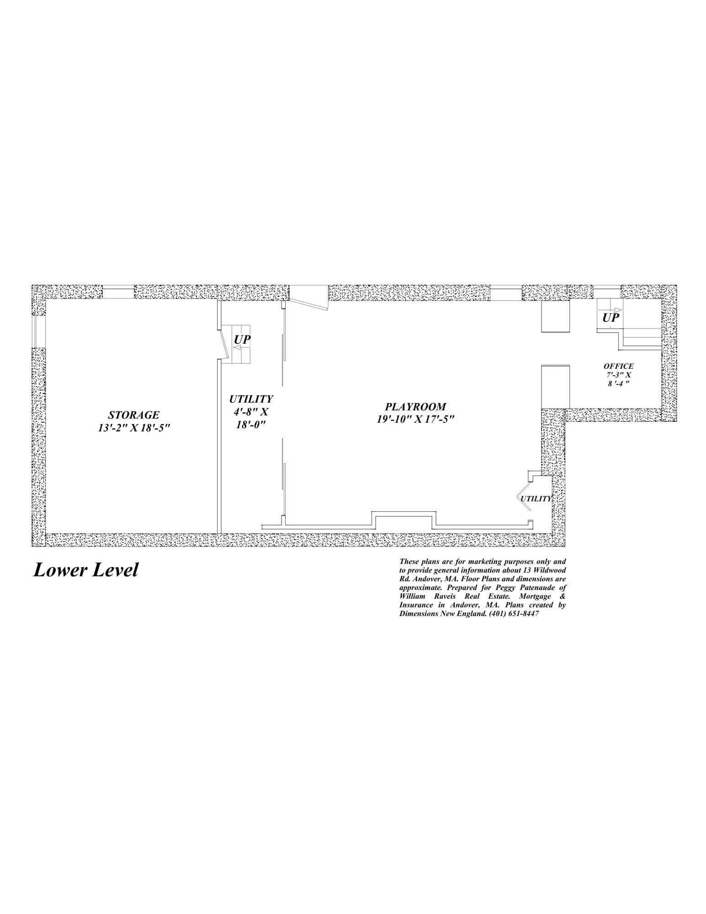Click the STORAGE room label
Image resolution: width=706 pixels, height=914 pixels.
(x=133, y=415)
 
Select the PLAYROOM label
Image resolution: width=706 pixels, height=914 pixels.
(x=415, y=406)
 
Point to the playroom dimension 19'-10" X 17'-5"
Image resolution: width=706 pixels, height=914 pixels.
(x=415, y=419)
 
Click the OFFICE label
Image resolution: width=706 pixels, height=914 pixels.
(x=619, y=366)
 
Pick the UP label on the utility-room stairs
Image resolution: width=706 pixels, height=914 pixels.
(x=242, y=340)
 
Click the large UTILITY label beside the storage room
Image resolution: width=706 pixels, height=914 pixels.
(x=251, y=399)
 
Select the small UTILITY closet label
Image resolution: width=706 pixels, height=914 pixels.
(x=536, y=499)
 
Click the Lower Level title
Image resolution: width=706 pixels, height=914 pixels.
(x=85, y=570)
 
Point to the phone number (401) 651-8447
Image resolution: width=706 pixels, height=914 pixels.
(x=514, y=614)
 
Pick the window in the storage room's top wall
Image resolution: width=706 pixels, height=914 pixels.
(x=118, y=292)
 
